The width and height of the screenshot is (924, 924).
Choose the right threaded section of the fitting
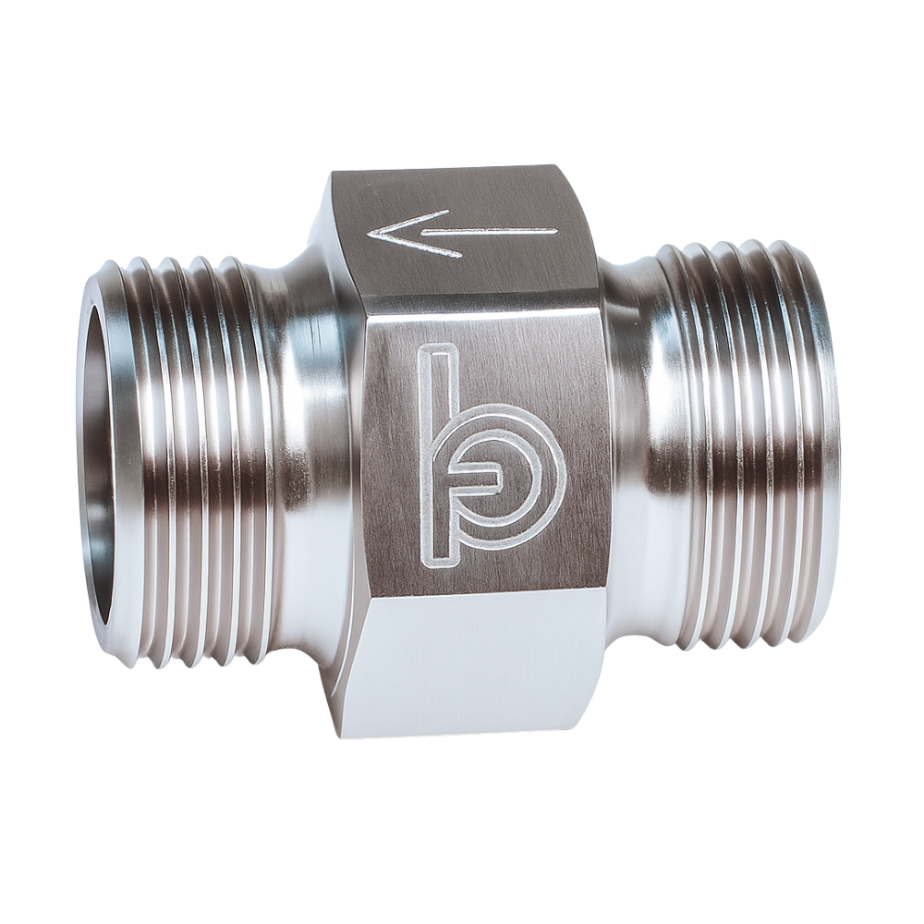[x=739, y=444]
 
